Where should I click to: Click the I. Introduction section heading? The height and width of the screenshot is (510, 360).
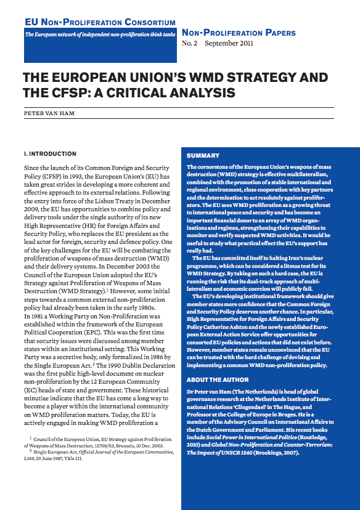point(50,153)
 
